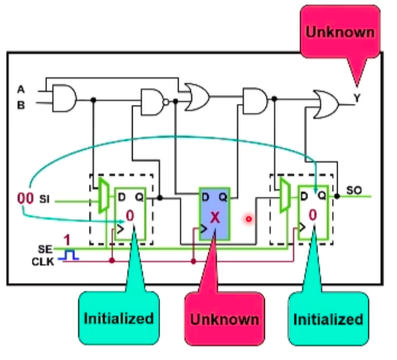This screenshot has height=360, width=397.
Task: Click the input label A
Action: click(21, 89)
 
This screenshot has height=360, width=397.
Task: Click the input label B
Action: click(21, 105)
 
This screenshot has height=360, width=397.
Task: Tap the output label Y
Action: click(357, 98)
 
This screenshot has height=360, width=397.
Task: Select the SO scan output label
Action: click(354, 190)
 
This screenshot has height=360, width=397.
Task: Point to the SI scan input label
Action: click(44, 199)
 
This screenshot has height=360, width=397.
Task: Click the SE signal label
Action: click(45, 250)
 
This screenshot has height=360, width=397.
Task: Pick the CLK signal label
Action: click(43, 262)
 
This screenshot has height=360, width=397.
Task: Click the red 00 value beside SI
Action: click(25, 198)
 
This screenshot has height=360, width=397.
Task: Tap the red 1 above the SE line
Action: click(67, 240)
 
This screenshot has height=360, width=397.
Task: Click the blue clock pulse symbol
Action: click(69, 255)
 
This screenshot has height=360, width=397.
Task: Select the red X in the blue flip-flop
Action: click(215, 217)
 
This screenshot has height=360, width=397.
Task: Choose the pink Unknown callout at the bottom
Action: click(224, 319)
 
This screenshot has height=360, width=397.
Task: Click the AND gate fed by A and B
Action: click(64, 98)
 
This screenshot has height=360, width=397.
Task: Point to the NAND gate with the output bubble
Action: click(154, 102)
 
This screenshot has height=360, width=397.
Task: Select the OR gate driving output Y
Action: click(326, 104)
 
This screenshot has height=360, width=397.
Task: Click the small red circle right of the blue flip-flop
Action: click(249, 219)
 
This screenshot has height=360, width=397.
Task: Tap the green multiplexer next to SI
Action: click(104, 195)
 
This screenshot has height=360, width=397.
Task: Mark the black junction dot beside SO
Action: click(337, 196)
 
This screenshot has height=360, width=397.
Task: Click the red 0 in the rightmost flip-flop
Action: click(313, 215)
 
